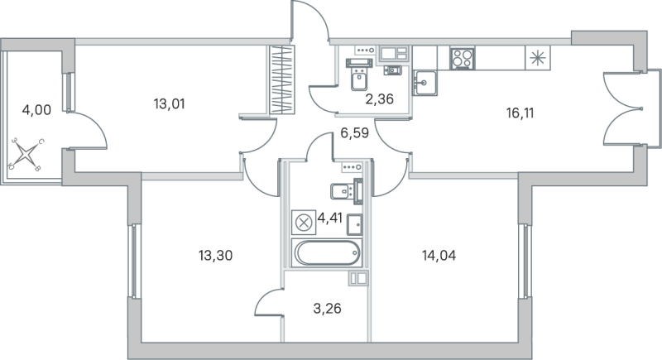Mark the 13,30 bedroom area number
coord(215,256)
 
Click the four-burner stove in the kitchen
coord(461,59)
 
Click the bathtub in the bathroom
coord(328,252)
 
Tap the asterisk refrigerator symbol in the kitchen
coord(538,58)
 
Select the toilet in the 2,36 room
coord(358,80)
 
